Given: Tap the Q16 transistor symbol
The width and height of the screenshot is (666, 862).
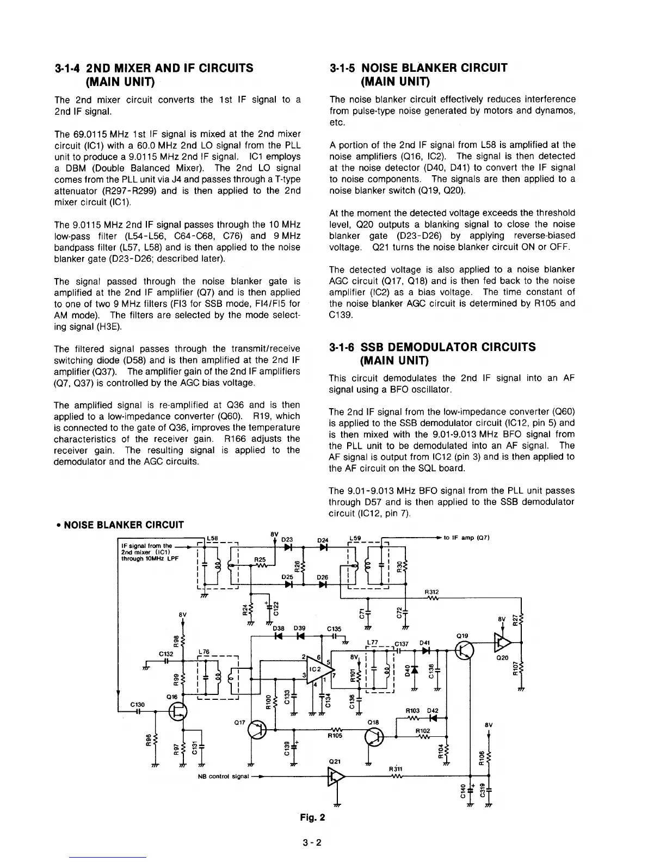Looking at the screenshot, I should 177,711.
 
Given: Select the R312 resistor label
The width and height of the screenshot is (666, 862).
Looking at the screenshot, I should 431,592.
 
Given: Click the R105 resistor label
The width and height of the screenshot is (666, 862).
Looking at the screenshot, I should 336,736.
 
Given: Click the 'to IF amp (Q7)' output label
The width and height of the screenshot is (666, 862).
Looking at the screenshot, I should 467,538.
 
